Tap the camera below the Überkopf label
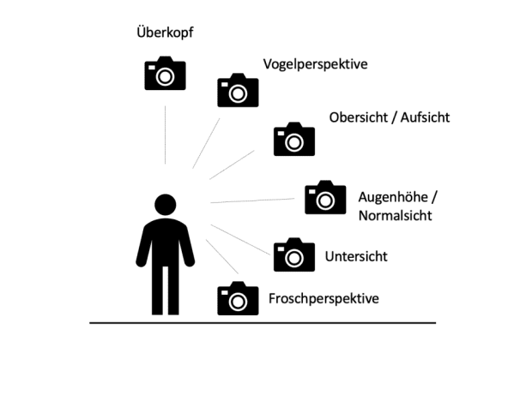(x=165, y=74)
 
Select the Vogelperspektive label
(x=315, y=64)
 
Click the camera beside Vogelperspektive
(x=238, y=90)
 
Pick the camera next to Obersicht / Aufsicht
(x=294, y=139)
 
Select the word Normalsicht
(x=395, y=214)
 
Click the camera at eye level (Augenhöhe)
(x=325, y=197)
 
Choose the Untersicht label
(x=356, y=256)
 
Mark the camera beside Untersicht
(x=294, y=254)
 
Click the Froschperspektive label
(x=323, y=299)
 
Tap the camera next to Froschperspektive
(x=238, y=298)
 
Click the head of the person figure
(x=165, y=205)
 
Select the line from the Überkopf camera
(x=165, y=133)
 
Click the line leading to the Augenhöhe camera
(x=252, y=201)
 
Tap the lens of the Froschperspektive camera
(x=239, y=302)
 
